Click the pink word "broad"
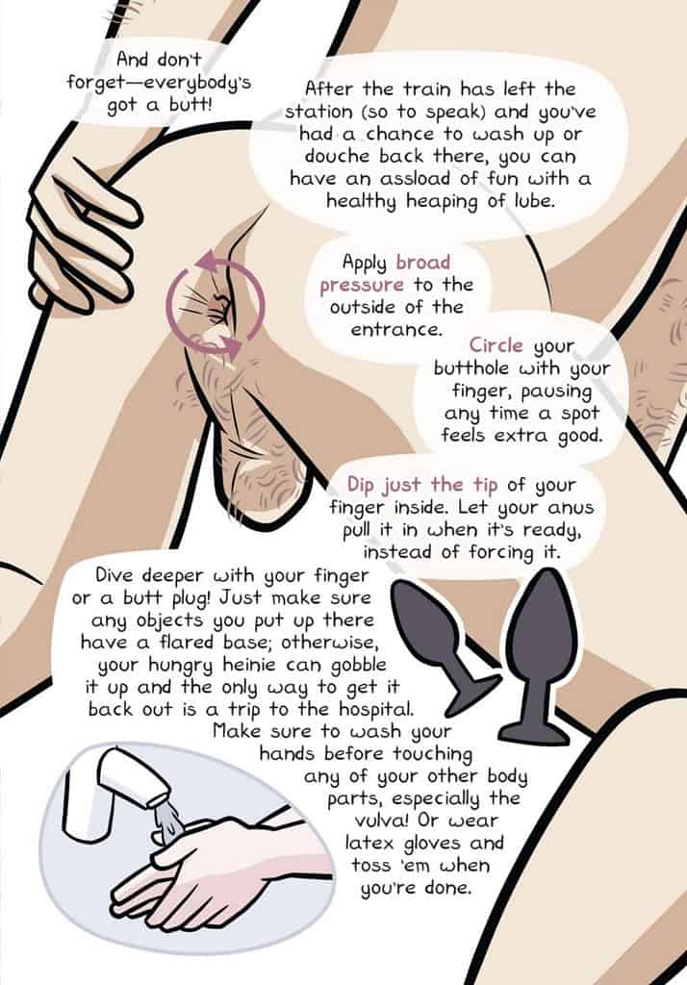click(423, 262)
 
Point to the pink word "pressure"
click(362, 286)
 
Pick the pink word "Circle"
click(496, 345)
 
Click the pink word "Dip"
click(362, 485)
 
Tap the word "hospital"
click(376, 710)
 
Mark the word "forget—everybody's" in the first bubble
click(159, 83)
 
